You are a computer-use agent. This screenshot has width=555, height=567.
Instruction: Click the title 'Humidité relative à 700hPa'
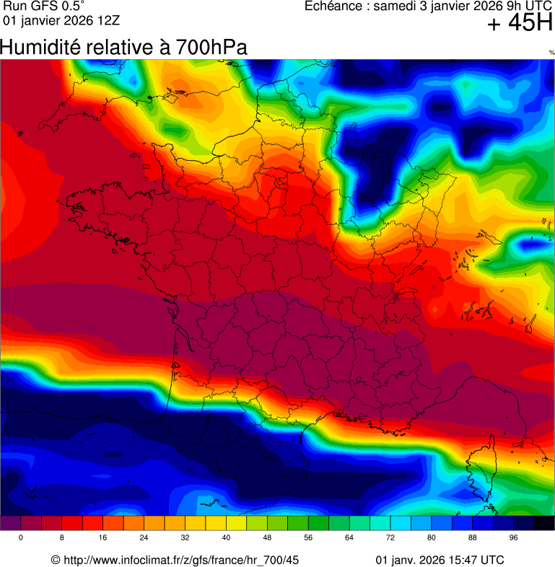pos(123,48)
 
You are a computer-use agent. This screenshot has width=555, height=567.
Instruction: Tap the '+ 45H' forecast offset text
pos(520,23)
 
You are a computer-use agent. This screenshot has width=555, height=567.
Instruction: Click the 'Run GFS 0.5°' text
pos(44,6)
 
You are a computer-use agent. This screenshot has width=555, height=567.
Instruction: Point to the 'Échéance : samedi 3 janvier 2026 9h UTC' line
pos(429,6)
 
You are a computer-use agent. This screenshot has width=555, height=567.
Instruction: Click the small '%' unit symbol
pos(551,53)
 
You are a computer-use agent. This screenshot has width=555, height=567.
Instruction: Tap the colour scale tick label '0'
pos(21,538)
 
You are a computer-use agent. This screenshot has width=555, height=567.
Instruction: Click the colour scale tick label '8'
pos(62,538)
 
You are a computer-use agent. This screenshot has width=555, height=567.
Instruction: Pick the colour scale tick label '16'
pos(103,538)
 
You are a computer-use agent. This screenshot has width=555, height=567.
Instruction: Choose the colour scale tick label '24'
pos(144,538)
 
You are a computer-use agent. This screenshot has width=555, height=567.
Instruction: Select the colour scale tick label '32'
pos(185,538)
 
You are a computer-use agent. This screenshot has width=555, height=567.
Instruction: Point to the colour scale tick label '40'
pos(227,538)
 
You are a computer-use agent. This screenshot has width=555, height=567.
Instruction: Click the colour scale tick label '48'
pos(267,538)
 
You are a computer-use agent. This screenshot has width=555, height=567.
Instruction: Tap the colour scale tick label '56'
pos(308,538)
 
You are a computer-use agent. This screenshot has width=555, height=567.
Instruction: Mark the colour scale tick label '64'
pos(349,538)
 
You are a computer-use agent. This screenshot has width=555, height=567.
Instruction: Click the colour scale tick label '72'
pos(390,538)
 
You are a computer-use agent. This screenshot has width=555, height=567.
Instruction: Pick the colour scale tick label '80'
pos(432,538)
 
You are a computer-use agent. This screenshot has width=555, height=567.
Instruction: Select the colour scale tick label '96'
pos(514,538)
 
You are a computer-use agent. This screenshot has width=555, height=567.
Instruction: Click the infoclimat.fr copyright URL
pos(175,560)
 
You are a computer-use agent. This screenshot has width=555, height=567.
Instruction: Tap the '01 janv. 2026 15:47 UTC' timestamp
pos(440,560)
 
